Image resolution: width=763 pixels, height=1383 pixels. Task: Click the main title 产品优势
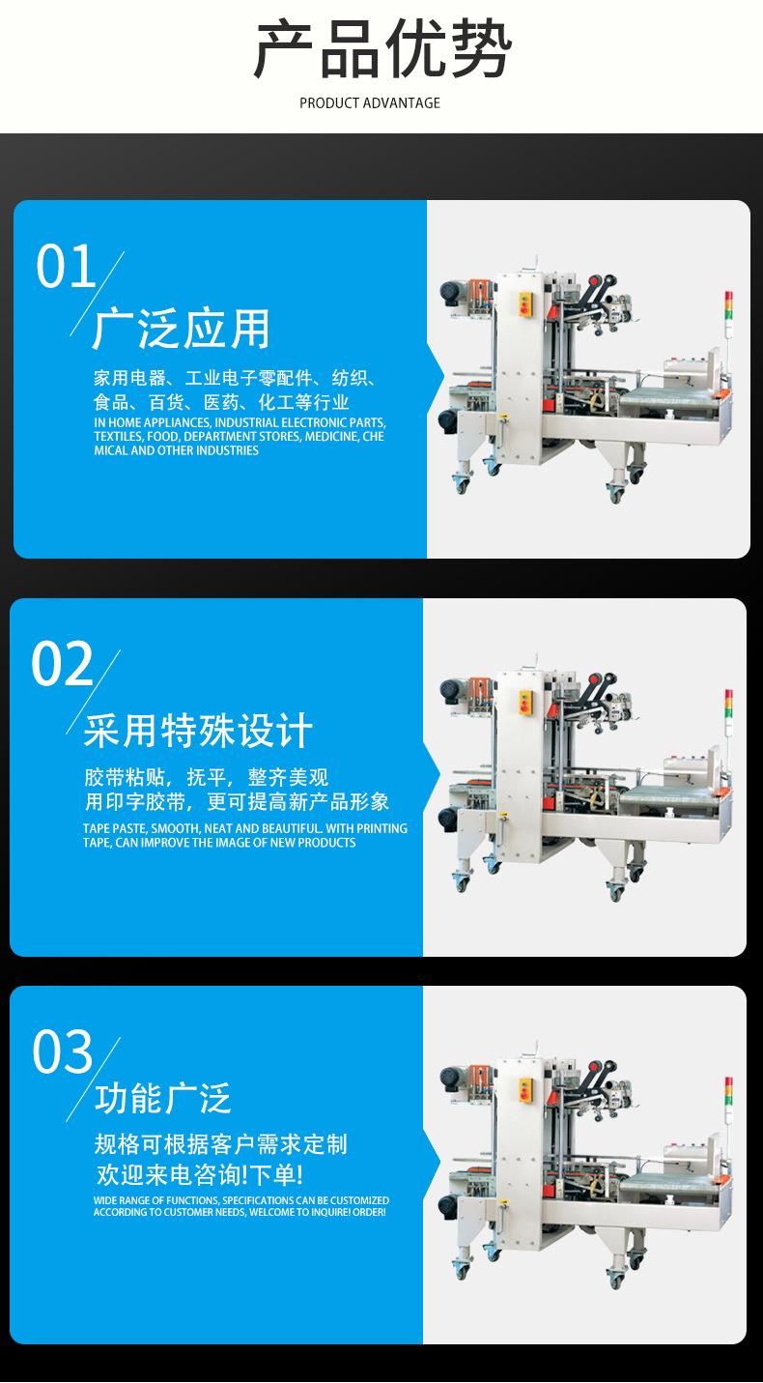point(382,48)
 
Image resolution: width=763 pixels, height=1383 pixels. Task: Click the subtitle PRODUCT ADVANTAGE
point(370,103)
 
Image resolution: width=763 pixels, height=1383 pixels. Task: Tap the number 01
point(66,266)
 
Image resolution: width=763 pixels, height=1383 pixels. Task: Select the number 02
point(62,664)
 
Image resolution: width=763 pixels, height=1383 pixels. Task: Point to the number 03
point(63,1052)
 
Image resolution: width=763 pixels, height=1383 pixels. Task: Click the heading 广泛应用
point(181,329)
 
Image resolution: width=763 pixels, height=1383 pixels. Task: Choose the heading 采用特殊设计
point(199,731)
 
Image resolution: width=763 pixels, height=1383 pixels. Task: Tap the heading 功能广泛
point(163,1098)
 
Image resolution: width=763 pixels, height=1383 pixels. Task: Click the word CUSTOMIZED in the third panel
point(359,1200)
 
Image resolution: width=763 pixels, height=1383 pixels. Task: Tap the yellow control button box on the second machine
point(525,703)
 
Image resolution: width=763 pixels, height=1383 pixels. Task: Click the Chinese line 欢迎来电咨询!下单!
point(200,1174)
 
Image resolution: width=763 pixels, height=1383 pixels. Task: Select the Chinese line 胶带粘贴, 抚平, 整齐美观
point(206,777)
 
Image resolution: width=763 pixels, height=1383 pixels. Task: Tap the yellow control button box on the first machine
point(525,304)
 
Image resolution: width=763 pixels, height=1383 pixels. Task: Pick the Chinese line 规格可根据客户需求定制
point(221,1144)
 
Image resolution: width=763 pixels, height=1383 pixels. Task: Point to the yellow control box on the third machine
point(525,1091)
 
